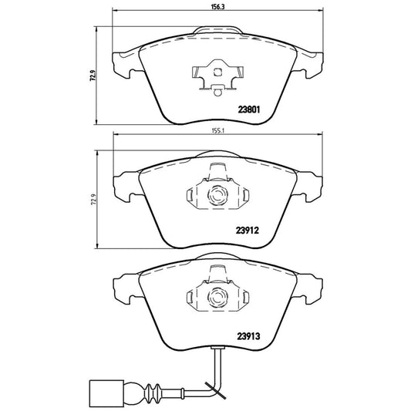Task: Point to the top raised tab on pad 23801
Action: [x=217, y=29]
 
